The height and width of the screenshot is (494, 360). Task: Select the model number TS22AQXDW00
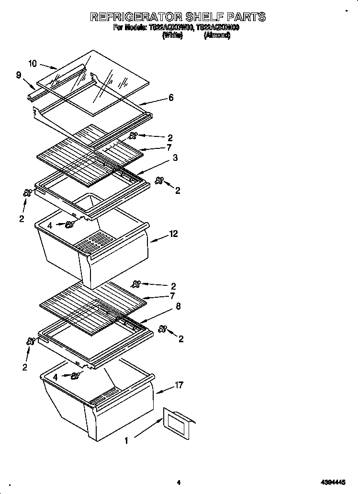[x=170, y=28]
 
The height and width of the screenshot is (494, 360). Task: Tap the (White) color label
[x=172, y=35]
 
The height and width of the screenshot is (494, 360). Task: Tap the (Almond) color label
[x=216, y=35]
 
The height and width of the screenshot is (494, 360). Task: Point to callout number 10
[x=33, y=63]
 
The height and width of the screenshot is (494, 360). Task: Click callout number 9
[x=18, y=75]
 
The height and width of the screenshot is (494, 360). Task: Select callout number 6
[x=171, y=98]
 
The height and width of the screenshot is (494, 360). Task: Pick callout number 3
[x=175, y=158]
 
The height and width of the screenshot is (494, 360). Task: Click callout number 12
[x=173, y=234]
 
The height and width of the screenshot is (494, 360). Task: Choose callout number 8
[x=178, y=306]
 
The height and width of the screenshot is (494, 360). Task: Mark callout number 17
[x=179, y=385]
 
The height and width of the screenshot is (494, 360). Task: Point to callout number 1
[x=126, y=441]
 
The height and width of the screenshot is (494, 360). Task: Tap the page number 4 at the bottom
[x=178, y=483]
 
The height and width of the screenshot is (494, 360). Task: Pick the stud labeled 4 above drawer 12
[x=70, y=225]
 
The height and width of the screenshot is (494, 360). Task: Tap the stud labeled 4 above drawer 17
[x=75, y=377]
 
